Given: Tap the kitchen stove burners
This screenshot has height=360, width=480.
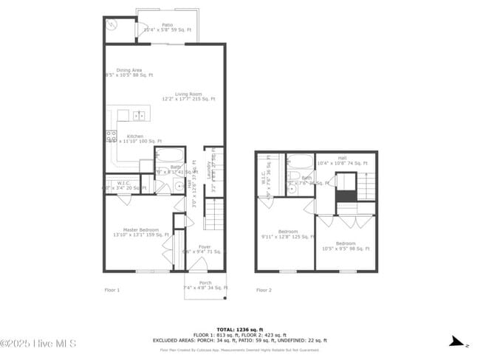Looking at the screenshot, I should (x=112, y=136).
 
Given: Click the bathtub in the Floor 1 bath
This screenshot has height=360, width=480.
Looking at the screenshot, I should (x=170, y=156).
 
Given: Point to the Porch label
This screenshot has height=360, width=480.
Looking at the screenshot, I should (x=205, y=284).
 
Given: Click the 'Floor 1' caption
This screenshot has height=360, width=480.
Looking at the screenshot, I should (x=112, y=290).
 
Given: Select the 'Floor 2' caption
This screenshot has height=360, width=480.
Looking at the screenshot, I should (x=264, y=290).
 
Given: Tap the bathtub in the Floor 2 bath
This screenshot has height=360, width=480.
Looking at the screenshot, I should (x=299, y=162).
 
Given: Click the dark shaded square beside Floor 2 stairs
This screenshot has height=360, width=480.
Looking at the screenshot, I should (x=346, y=195).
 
